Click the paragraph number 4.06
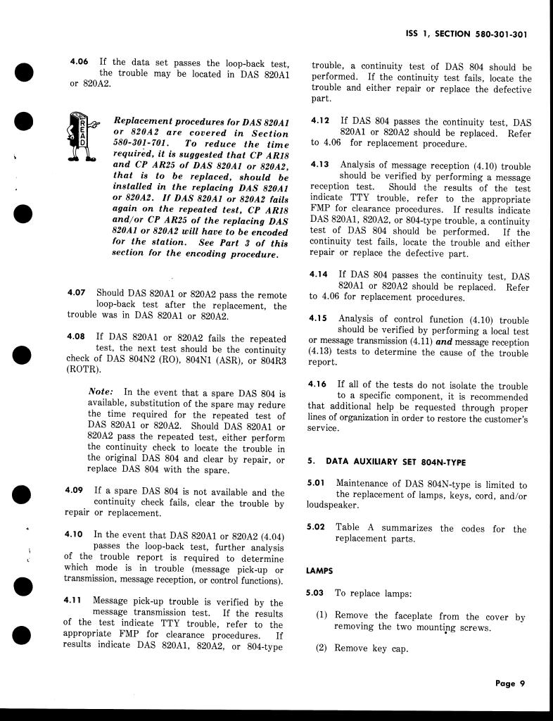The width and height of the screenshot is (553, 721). [79, 62]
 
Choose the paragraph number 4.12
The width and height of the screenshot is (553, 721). [320, 121]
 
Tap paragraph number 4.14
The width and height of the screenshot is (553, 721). [319, 275]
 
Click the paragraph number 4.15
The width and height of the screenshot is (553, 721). [319, 318]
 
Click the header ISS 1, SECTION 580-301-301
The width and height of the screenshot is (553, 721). [467, 33]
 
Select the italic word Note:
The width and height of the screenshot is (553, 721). [103, 391]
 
